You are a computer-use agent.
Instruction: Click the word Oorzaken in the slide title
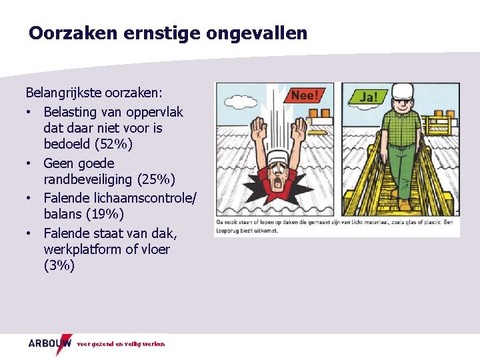click(x=73, y=33)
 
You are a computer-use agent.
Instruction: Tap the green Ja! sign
click(x=367, y=97)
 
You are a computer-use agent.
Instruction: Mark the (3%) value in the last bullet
click(x=59, y=266)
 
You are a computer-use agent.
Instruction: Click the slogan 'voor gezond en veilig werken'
click(x=121, y=344)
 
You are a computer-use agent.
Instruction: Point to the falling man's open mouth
click(x=274, y=183)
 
